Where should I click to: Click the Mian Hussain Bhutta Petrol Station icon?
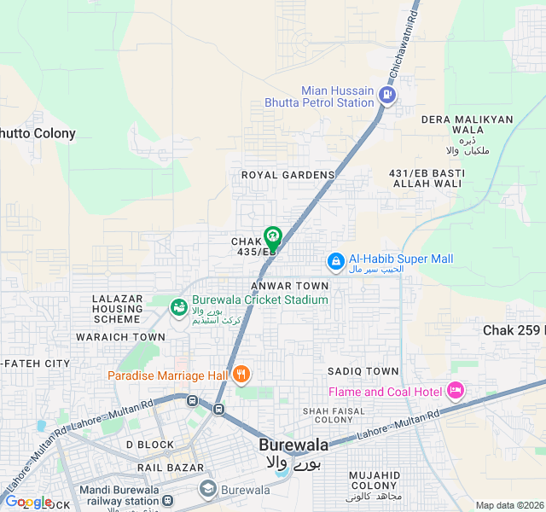tap(388, 95)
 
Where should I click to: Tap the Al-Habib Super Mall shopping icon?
tap(335, 260)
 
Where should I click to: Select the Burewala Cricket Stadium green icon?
tap(179, 305)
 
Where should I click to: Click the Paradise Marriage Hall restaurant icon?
tap(241, 374)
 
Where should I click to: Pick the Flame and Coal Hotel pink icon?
tap(455, 391)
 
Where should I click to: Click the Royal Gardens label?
tap(288, 175)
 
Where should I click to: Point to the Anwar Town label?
tap(290, 286)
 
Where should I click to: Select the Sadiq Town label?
tap(363, 371)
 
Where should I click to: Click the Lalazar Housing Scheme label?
tap(117, 309)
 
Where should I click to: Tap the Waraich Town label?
tap(120, 337)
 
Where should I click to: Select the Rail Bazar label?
tap(171, 468)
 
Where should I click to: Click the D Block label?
tap(149, 445)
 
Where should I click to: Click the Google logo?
tap(28, 502)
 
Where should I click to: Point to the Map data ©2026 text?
tap(508, 505)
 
